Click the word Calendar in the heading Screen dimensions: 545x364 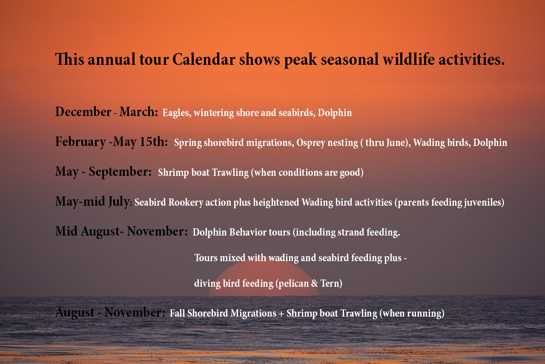[x=204, y=59]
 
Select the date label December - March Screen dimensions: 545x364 [x=106, y=112]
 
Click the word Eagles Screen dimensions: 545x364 [x=177, y=113]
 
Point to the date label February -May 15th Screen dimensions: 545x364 [x=111, y=142]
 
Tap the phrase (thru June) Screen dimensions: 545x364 [x=385, y=143]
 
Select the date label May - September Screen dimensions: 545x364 [x=103, y=172]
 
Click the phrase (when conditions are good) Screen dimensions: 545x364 [x=307, y=173]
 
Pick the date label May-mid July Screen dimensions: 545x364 [x=92, y=201]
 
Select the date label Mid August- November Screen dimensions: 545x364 [x=121, y=231]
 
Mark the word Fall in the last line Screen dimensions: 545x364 [x=177, y=313]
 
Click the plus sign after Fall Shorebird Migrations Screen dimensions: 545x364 [x=281, y=314]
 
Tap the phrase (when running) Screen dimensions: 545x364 [x=412, y=314]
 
